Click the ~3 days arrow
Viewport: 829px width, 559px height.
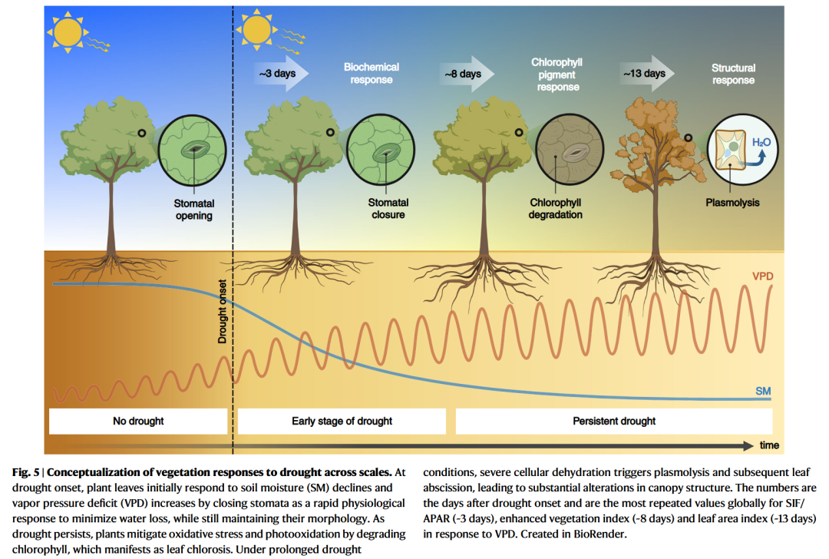click(280, 74)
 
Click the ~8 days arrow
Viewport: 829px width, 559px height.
click(466, 74)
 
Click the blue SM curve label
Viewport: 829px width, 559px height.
click(762, 392)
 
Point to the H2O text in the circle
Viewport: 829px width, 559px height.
click(761, 143)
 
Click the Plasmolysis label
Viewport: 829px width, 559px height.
click(732, 203)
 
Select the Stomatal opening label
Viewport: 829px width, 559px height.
click(194, 210)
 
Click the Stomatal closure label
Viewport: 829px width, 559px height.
click(388, 209)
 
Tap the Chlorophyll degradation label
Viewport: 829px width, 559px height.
click(556, 209)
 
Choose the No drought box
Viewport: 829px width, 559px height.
click(138, 421)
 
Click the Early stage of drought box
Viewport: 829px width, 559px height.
click(342, 421)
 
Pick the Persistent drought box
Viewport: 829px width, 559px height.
click(614, 421)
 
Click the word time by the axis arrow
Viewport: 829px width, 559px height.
click(769, 445)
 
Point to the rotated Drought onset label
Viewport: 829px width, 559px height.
click(223, 309)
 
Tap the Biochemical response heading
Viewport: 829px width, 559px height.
click(372, 74)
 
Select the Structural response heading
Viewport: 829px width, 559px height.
click(733, 74)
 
